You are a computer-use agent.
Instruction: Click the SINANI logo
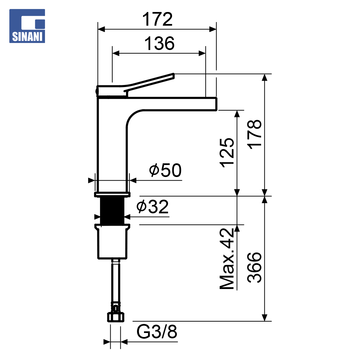tap(27, 26)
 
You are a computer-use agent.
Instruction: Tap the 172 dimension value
tap(157, 19)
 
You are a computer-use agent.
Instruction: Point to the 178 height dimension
tap(254, 134)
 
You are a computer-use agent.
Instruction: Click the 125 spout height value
tap(227, 153)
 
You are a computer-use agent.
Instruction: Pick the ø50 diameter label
tap(165, 170)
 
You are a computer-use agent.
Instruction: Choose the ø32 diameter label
tap(152, 207)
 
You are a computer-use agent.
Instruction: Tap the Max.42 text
tap(227, 259)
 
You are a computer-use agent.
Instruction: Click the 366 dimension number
tap(254, 267)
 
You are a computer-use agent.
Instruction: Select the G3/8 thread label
tap(157, 332)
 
